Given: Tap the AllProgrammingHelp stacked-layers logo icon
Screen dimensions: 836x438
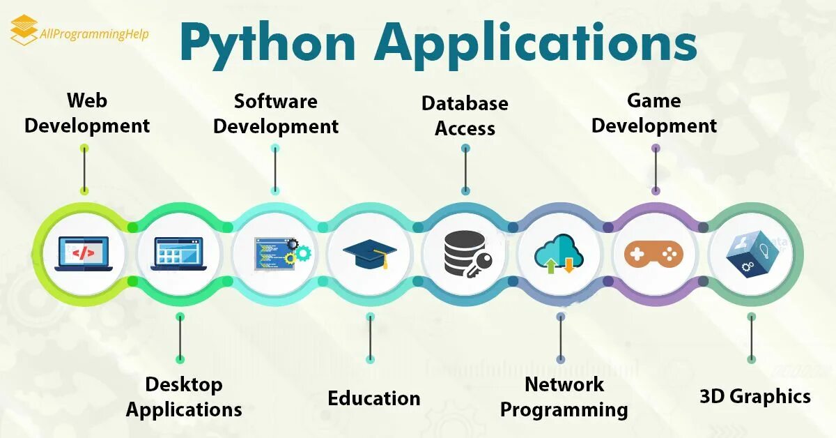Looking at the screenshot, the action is coord(24,30).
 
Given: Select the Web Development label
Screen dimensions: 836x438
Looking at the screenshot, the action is coord(87,113).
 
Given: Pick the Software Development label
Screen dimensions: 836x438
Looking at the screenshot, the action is coord(276,113).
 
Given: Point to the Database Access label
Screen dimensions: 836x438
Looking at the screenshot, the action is coord(465,116).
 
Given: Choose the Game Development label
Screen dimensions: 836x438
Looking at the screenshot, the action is coord(654,113).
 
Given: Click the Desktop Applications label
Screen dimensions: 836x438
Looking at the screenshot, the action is coord(184,396).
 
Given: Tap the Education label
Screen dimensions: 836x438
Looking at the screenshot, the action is coord(374,398).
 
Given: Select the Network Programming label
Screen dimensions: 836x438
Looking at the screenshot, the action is coord(564,396).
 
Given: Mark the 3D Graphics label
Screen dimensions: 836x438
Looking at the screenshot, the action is coord(755,396).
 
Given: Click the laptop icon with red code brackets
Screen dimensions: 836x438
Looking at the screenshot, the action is coord(83,252).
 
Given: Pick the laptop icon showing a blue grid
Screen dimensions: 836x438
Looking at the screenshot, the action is coord(179,253).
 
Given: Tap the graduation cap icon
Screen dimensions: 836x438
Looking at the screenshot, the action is coord(370,253).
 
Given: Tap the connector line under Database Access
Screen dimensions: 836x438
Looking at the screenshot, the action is coord(465,169).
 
